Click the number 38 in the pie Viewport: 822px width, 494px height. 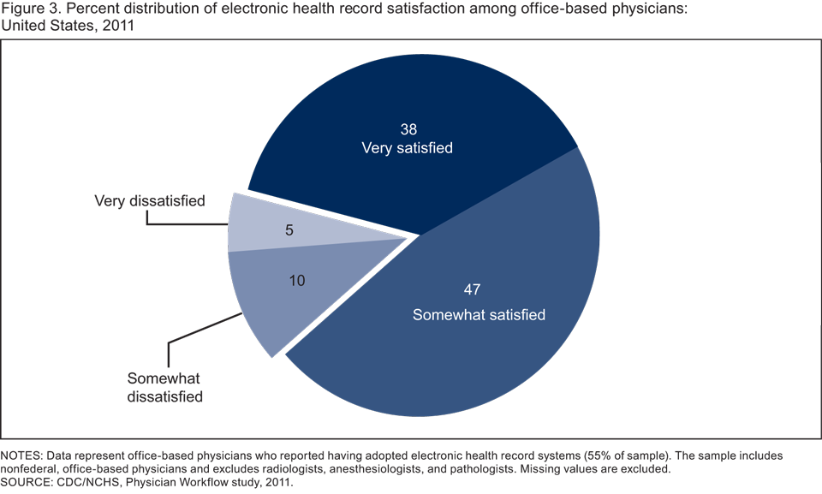[x=409, y=129]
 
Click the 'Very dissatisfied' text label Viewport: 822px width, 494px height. [x=150, y=201]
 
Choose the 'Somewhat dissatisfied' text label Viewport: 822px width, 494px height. [x=165, y=387]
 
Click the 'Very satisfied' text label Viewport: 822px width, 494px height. [x=408, y=148]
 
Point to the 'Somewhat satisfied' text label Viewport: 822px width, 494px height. [x=479, y=314]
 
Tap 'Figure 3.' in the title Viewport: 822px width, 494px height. [x=28, y=9]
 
